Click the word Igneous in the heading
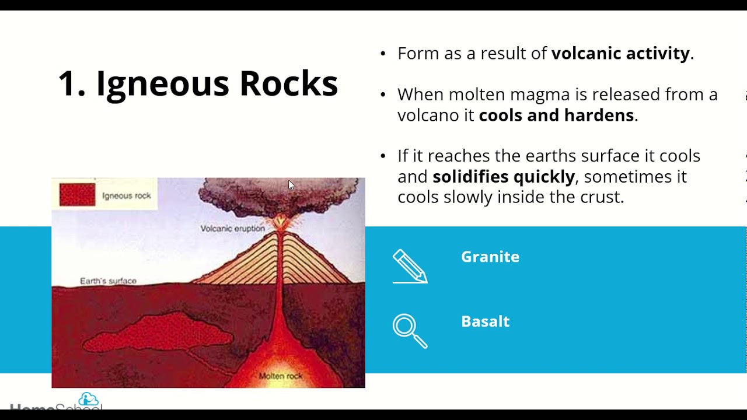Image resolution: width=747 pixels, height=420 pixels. [162, 83]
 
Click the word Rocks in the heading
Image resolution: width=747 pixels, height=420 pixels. [288, 83]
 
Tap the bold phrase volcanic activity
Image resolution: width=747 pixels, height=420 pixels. [620, 54]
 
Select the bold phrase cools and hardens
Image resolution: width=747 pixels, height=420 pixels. [556, 115]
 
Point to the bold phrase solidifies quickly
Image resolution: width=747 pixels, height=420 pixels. [504, 176]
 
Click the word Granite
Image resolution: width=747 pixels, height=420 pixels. [490, 257]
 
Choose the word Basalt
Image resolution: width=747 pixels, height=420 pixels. [485, 321]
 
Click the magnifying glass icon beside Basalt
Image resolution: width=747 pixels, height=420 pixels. [409, 331]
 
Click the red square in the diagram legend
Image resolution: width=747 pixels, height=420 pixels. [77, 194]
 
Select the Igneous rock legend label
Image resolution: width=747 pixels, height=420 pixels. [126, 196]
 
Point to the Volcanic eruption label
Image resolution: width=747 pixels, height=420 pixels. [232, 229]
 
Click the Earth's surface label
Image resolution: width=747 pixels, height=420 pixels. [108, 281]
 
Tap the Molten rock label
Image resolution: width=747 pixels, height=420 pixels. [280, 376]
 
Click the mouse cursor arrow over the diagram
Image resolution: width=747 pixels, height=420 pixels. [291, 185]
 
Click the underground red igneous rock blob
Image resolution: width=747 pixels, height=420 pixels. [158, 332]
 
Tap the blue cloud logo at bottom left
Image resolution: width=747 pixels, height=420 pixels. [89, 400]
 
